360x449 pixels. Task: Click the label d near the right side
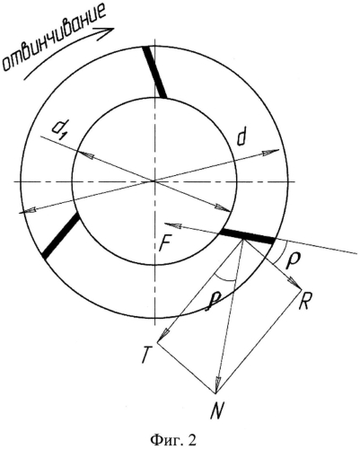coord(241,138)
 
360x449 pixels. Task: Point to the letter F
coord(165,243)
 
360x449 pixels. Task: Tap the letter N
coord(217,410)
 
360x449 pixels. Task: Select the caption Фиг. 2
coord(173,440)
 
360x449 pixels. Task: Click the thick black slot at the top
coord(154,72)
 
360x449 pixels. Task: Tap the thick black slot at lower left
coord(61,236)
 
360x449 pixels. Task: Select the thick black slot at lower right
coord(247,236)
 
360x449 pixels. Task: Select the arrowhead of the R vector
coord(296,284)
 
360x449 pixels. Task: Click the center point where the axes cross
coord(154,180)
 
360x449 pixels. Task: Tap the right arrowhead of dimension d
coord(272,152)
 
